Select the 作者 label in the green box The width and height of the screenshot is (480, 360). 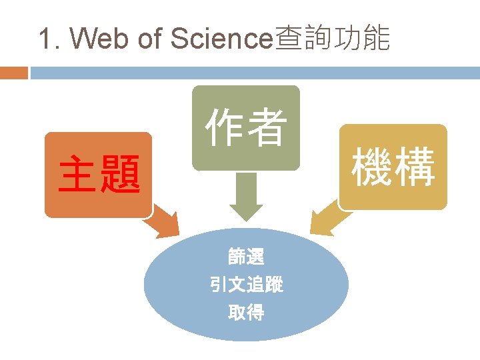[x=246, y=128]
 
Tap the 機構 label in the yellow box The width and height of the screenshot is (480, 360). [x=393, y=167]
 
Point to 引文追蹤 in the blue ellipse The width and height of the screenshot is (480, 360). [x=246, y=285]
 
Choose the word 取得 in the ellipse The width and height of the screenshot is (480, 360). [x=246, y=312]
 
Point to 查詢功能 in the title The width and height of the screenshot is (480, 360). [x=332, y=39]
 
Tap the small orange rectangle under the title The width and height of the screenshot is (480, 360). [x=14, y=72]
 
